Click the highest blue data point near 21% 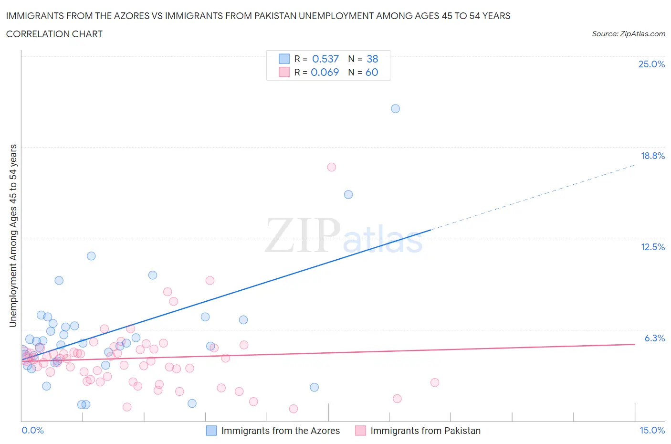395,108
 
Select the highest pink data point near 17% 332,167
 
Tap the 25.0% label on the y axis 651,64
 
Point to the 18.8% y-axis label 652,156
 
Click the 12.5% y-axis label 652,247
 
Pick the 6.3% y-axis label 654,338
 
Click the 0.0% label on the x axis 32,430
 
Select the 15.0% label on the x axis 652,430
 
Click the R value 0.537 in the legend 325,59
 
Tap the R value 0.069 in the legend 325,72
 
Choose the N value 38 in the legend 372,59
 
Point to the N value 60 372,72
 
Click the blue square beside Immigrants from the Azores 211,431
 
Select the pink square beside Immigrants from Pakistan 360,431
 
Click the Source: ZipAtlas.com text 628,33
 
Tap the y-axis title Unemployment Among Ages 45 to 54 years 13,235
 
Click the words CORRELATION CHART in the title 54,34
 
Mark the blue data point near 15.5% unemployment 348,194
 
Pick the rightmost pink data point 434,382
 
